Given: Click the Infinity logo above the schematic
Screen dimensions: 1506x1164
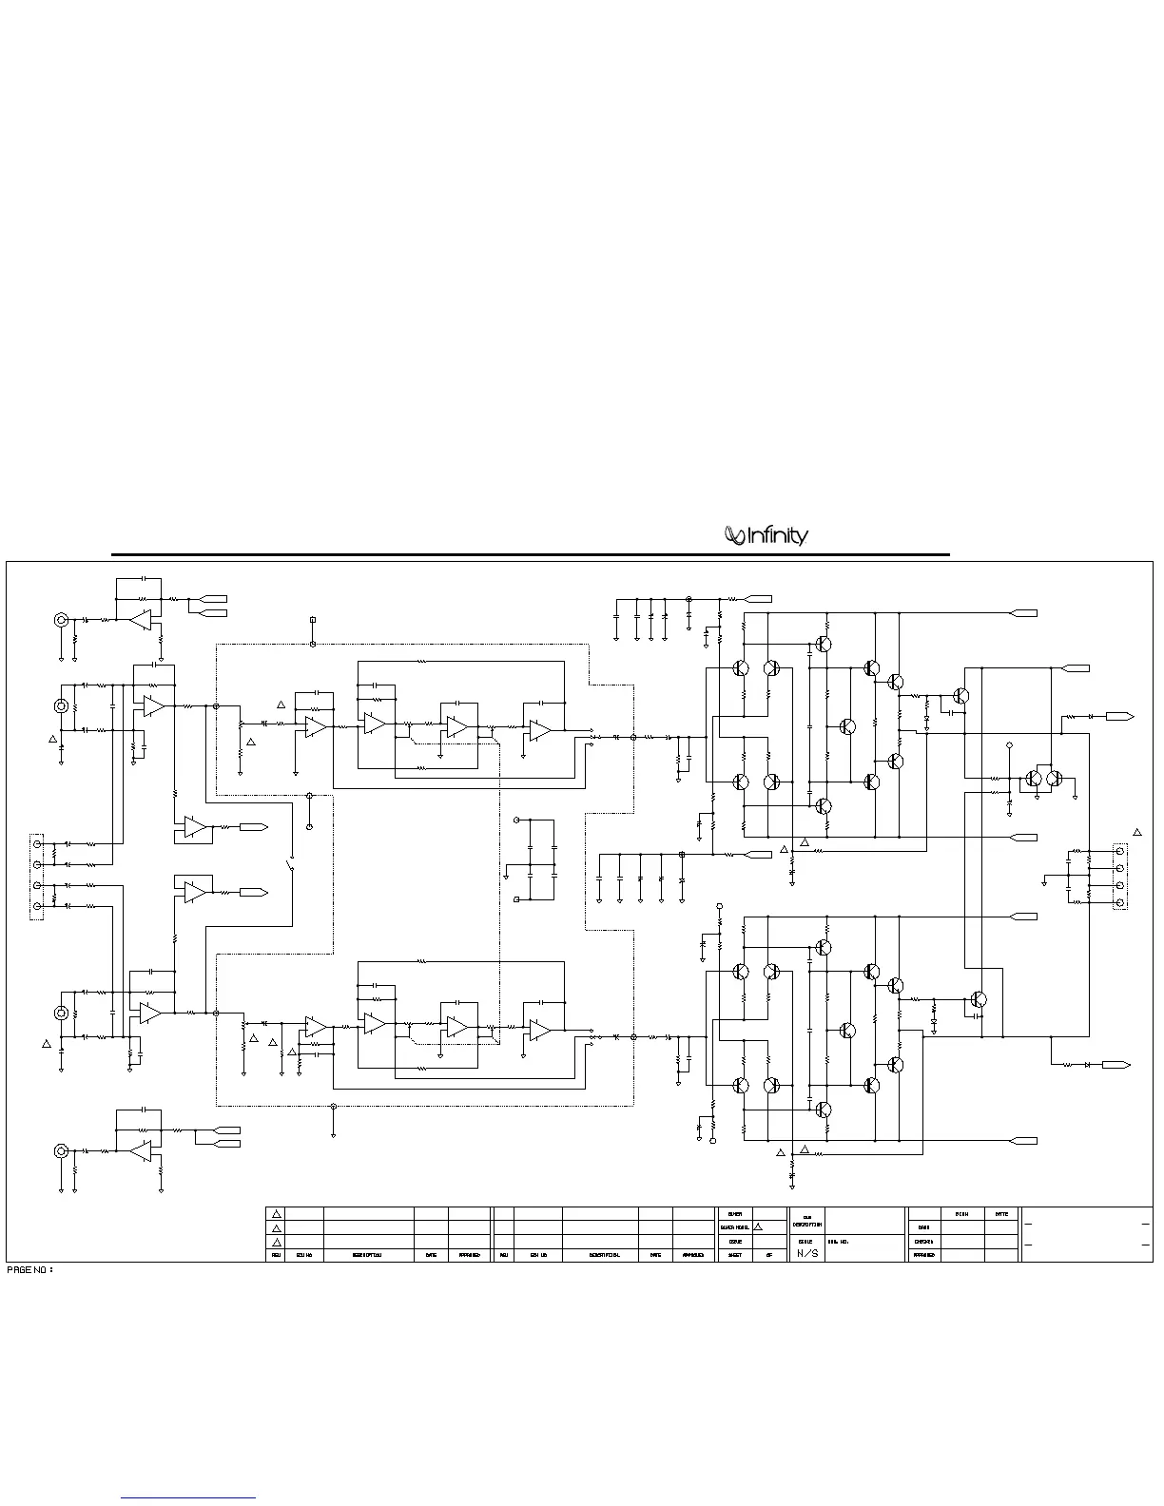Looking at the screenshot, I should coord(766,536).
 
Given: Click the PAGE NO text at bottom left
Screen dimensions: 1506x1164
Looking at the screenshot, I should coord(29,1269).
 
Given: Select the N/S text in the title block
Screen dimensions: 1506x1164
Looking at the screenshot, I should coord(806,1253).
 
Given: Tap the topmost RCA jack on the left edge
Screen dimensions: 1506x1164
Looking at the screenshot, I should coord(61,620).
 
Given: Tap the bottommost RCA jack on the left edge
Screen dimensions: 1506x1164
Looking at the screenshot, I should coord(61,1151).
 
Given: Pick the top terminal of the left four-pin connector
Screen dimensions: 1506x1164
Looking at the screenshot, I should coord(38,843).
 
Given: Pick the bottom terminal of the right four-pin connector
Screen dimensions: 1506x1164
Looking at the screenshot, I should coord(1120,900).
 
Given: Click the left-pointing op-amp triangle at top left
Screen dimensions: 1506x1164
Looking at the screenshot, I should coord(141,620).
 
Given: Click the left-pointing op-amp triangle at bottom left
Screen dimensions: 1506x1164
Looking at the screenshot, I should coord(141,1151).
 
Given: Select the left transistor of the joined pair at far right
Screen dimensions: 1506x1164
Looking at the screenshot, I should coord(1034,779).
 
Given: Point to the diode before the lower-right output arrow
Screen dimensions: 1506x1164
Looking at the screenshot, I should coord(1085,1065).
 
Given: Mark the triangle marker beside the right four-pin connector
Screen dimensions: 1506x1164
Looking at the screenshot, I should coord(1136,833).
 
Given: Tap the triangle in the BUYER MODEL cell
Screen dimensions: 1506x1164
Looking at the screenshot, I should coord(758,1227).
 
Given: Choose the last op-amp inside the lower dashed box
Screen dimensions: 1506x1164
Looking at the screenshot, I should coord(539,1030).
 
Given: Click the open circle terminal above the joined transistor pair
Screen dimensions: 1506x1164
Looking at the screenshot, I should coord(1010,744).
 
